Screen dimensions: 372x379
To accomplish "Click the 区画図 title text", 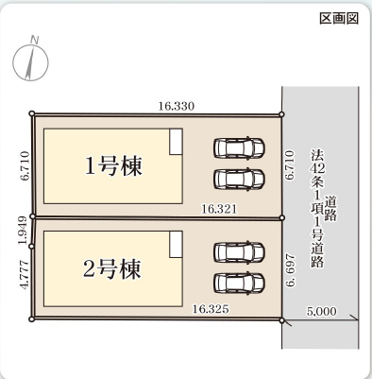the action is click(339, 19).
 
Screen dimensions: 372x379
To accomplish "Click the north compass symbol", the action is click(31, 60).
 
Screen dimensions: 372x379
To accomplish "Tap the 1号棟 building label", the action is click(113, 165).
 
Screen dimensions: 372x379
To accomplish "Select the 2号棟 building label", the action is click(112, 269).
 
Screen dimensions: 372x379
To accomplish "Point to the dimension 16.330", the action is click(177, 106).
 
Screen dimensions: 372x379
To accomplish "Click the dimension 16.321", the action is click(219, 209).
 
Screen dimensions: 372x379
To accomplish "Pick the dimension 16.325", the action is click(211, 309).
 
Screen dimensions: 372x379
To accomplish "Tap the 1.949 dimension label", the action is click(23, 230).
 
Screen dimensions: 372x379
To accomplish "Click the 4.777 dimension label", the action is click(25, 274).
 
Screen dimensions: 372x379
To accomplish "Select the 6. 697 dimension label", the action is click(290, 270).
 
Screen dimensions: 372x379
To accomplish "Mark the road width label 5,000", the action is click(322, 312).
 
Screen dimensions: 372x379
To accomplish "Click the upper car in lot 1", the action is click(239, 147).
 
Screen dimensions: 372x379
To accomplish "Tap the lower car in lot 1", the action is click(239, 179).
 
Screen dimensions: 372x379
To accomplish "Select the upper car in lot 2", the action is click(239, 252).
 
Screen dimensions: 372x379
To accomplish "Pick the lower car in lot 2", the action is click(239, 283).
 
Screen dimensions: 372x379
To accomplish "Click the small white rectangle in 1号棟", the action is click(176, 142).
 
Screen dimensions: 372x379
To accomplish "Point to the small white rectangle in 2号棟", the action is click(176, 245).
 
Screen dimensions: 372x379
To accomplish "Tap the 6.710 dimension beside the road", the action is click(290, 165).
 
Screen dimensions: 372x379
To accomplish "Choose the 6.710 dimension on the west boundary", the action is click(25, 165).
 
